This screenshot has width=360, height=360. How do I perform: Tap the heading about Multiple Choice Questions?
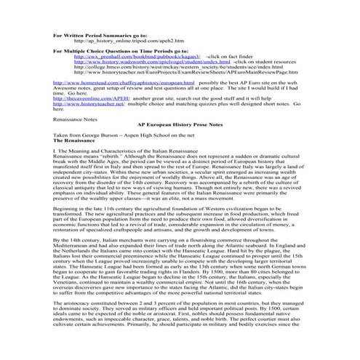point(108,54)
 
